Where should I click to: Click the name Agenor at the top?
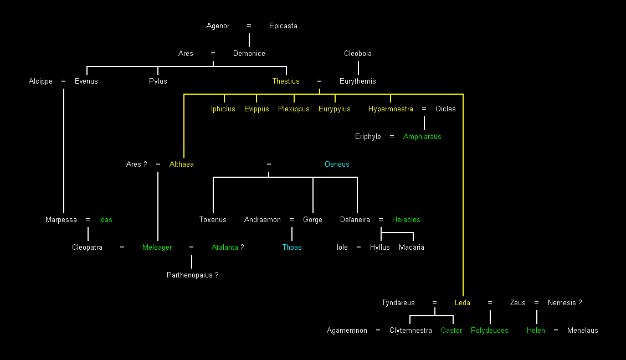[x=218, y=26]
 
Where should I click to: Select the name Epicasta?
[x=283, y=26]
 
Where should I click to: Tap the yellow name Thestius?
[x=286, y=81]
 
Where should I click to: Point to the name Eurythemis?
[x=357, y=81]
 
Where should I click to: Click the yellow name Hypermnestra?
[x=391, y=109]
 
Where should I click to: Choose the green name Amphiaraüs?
[x=422, y=137]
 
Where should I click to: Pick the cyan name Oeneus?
[x=337, y=164]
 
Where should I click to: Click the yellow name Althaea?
[x=182, y=164]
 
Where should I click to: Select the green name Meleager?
[x=157, y=248]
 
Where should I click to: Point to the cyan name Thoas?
[x=292, y=248]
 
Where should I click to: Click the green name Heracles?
[x=406, y=220]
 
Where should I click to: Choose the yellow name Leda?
[x=463, y=303]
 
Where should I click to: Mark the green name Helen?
[x=536, y=331]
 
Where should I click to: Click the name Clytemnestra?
[x=411, y=331]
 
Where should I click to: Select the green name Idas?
[x=105, y=220]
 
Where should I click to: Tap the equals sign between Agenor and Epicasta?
[x=249, y=26]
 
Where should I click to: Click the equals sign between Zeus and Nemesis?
[x=536, y=303]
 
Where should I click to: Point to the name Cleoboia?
[x=358, y=54]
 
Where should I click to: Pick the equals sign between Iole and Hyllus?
[x=359, y=248]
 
